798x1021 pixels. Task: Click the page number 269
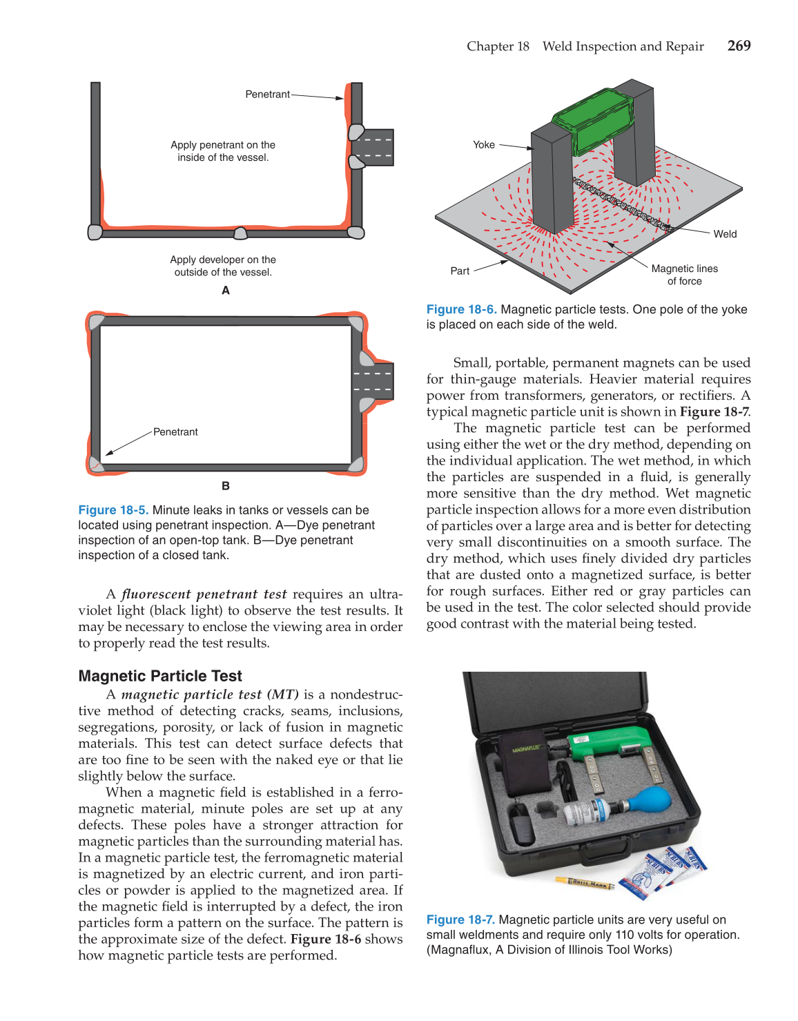click(x=739, y=46)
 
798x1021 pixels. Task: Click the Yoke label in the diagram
click(x=483, y=145)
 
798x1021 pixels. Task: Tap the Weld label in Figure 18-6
click(x=725, y=234)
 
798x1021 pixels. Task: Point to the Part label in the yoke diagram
click(x=460, y=271)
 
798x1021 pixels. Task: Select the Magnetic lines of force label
click(x=684, y=275)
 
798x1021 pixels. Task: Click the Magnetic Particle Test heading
click(x=160, y=676)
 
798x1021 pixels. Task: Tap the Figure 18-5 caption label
click(x=113, y=510)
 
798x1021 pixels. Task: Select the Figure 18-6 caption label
click(x=461, y=310)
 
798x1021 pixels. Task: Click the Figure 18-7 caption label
click(x=460, y=920)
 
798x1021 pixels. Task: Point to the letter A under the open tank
click(x=226, y=291)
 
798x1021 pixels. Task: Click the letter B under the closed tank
click(x=226, y=486)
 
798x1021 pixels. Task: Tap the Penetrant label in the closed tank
click(x=175, y=432)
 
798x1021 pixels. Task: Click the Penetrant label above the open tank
click(x=267, y=95)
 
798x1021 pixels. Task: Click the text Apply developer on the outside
click(x=223, y=266)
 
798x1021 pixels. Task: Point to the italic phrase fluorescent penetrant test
click(x=204, y=594)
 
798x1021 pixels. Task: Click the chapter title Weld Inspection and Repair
click(x=623, y=46)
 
